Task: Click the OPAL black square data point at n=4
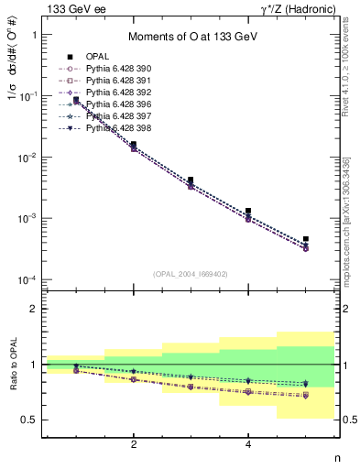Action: (x=248, y=211)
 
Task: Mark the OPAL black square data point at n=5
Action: (x=306, y=239)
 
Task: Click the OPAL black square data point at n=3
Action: (x=191, y=180)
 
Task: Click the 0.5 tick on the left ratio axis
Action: (x=30, y=420)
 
